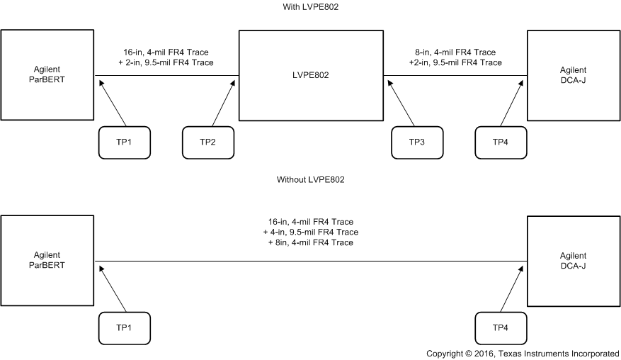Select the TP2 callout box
pos(207,142)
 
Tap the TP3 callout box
pos(417,142)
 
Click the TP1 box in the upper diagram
pos(124,142)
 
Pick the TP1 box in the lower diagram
pos(124,327)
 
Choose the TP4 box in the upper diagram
pos(501,142)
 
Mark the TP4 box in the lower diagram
pos(501,327)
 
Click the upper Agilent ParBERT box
pos(47,75)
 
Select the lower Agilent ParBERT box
pos(47,259)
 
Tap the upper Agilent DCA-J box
pos(574,75)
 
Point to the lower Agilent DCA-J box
pos(574,259)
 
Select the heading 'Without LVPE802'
pos(310,180)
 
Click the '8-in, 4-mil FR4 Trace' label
pos(455,52)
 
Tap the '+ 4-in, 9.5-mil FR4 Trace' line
pos(310,232)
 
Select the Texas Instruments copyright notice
pos(523,353)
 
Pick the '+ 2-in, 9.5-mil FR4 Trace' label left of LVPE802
pos(166,62)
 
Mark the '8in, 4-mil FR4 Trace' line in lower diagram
pos(310,242)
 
